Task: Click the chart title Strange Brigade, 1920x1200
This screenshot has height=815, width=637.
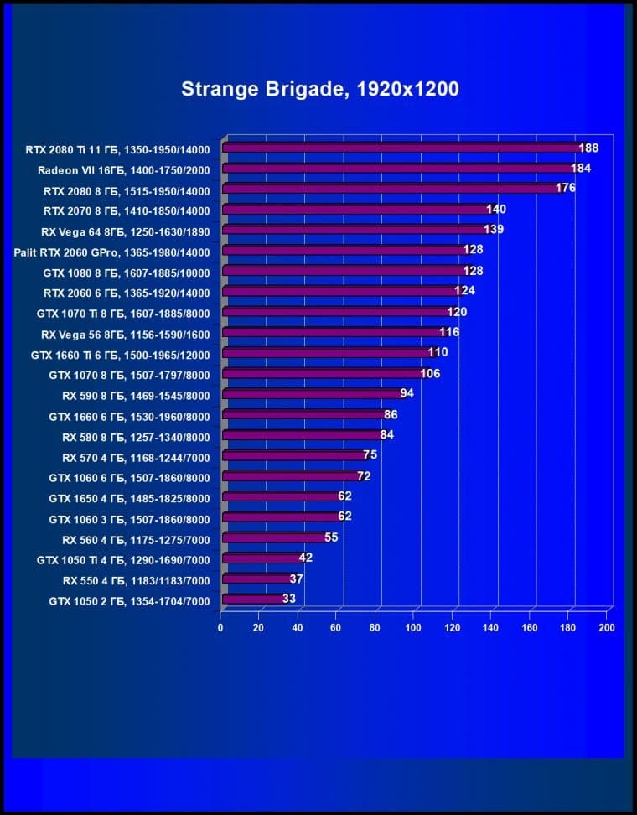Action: pyautogui.click(x=319, y=89)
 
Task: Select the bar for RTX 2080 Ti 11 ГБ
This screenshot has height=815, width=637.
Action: pyautogui.click(x=401, y=148)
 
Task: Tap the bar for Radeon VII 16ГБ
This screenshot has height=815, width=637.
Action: pyautogui.click(x=396, y=169)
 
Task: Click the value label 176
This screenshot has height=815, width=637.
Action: pyautogui.click(x=565, y=189)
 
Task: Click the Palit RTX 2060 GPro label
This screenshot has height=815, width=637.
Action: pyautogui.click(x=111, y=252)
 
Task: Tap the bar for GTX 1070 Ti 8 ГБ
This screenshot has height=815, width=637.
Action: pyautogui.click(x=335, y=313)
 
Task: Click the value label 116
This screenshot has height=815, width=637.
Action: pyautogui.click(x=449, y=333)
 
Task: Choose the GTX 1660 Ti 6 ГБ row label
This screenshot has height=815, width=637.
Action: pyautogui.click(x=120, y=354)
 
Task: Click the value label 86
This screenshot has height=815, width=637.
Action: pyautogui.click(x=391, y=415)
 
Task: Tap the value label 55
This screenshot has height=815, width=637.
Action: pyautogui.click(x=331, y=538)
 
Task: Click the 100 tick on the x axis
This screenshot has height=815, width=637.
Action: pyautogui.click(x=413, y=627)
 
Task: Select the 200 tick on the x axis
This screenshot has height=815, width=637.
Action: pyautogui.click(x=607, y=627)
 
